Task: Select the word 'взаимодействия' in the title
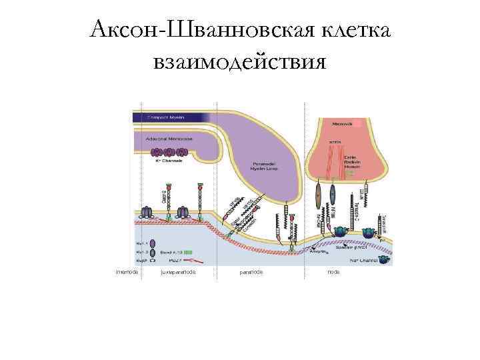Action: click(x=239, y=63)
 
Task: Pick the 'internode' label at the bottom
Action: click(x=127, y=272)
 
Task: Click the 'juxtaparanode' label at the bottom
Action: click(x=179, y=272)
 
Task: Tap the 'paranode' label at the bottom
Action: click(x=251, y=272)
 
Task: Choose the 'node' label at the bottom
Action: click(x=334, y=272)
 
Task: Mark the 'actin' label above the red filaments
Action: click(x=335, y=141)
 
